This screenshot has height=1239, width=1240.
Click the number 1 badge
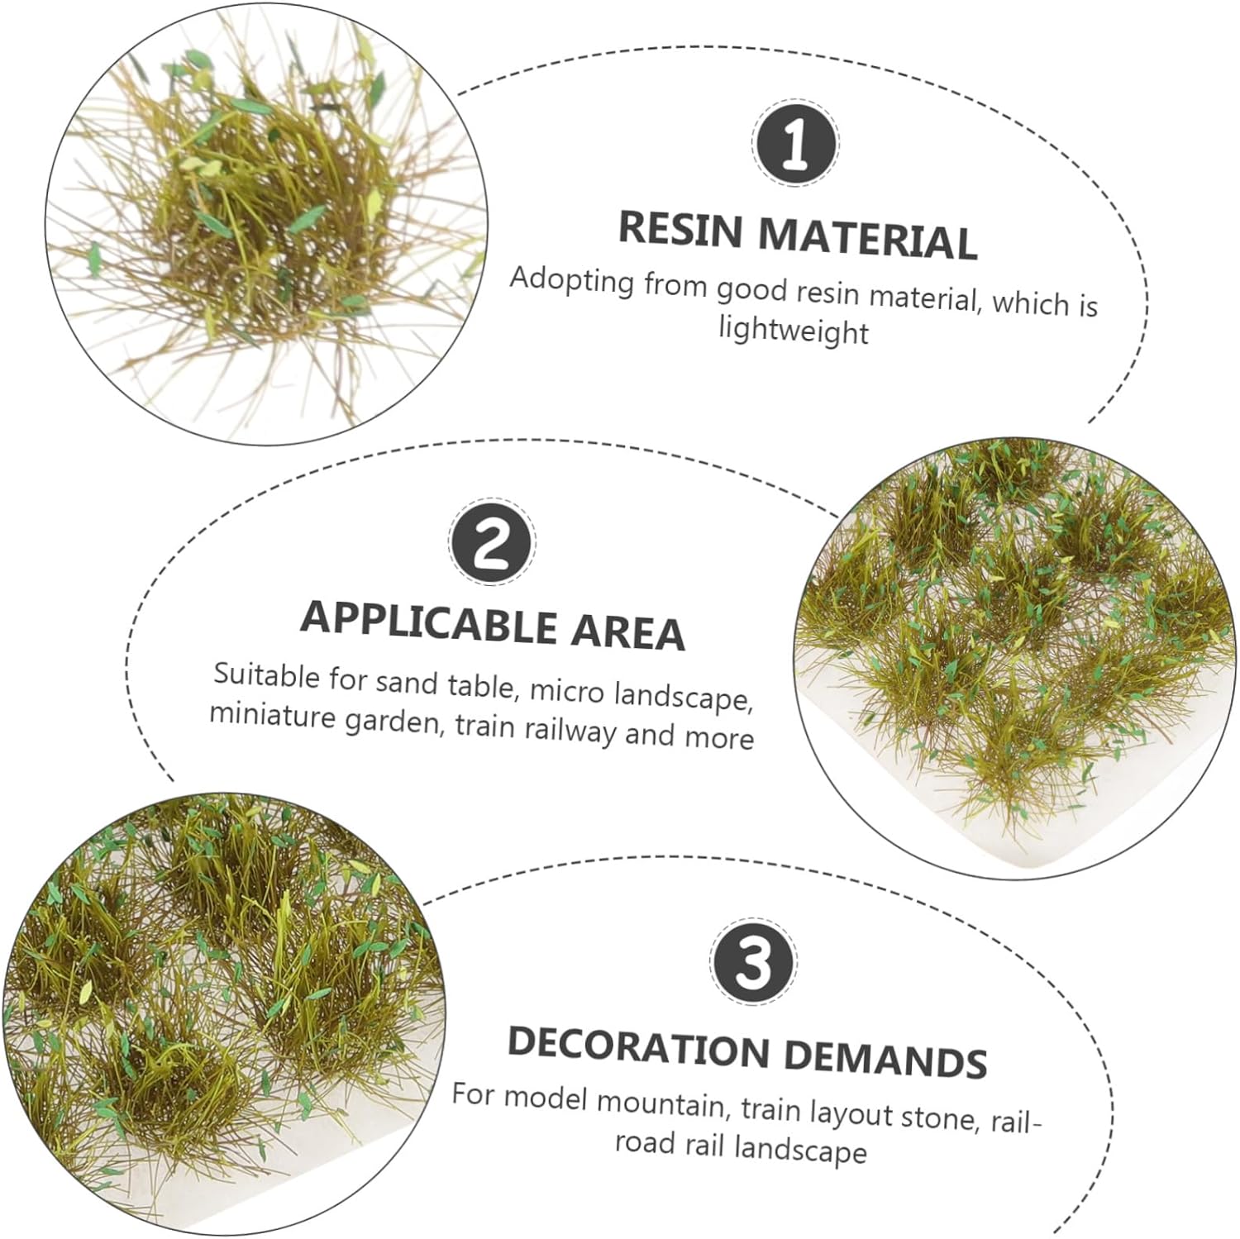(794, 143)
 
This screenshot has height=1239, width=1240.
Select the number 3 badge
(752, 962)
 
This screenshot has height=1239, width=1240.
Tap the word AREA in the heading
(627, 632)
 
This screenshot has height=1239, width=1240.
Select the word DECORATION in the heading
(638, 1045)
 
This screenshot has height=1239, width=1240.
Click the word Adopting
(572, 280)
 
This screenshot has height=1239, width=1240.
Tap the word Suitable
(267, 675)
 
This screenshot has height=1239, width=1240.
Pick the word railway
(560, 731)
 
